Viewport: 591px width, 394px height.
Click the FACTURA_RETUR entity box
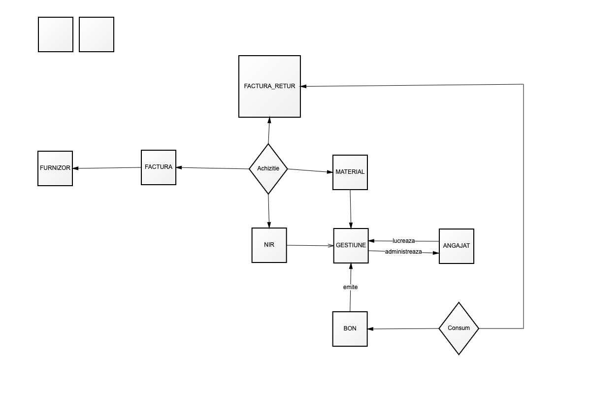point(269,86)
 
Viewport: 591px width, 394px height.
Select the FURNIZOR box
point(55,168)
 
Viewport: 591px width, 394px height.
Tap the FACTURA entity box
point(159,167)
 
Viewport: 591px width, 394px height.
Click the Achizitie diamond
point(268,169)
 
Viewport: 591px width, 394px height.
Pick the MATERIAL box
point(350,172)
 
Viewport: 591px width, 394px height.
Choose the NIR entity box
point(269,245)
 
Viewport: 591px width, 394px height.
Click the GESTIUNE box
point(351,246)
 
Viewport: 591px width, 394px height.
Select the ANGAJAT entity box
point(457,246)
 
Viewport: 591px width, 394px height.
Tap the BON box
point(350,329)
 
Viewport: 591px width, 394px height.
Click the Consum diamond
point(459,328)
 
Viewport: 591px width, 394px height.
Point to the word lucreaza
point(403,241)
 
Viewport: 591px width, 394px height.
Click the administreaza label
point(403,252)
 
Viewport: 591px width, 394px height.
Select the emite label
point(351,287)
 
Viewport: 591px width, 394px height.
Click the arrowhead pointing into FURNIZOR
point(76,168)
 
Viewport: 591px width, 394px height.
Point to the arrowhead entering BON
point(370,329)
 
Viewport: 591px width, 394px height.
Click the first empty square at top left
point(56,34)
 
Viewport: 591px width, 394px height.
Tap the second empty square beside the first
point(97,34)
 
